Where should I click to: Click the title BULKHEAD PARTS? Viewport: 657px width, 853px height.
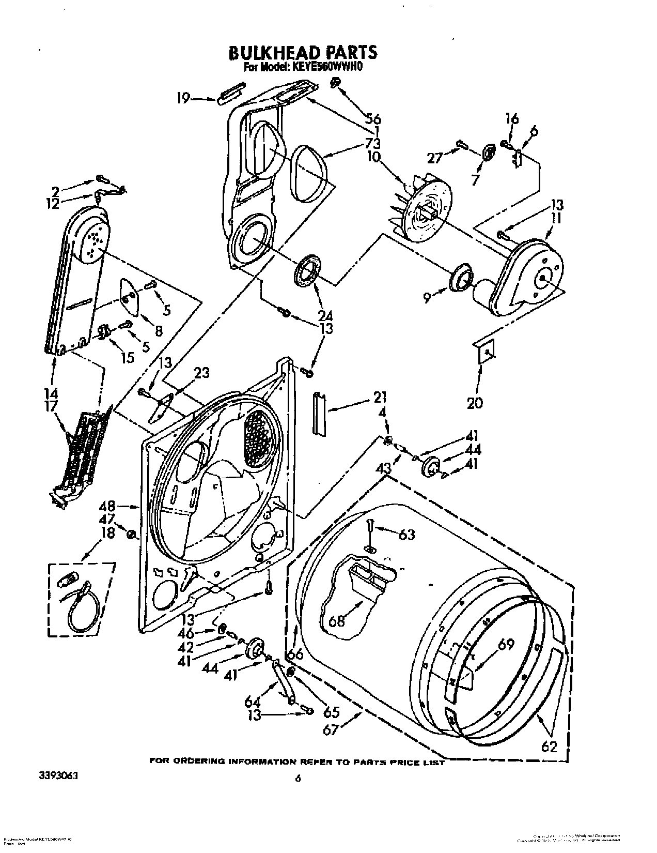coord(303,52)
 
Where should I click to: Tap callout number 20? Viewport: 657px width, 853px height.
coord(475,402)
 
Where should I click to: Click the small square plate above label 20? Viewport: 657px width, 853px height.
coord(486,352)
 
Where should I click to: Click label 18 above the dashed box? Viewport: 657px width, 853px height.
coord(107,532)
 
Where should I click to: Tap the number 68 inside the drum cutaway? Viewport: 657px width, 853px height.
coord(336,620)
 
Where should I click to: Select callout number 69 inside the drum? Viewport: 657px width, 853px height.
coord(507,645)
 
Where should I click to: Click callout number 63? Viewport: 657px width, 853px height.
coord(406,534)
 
